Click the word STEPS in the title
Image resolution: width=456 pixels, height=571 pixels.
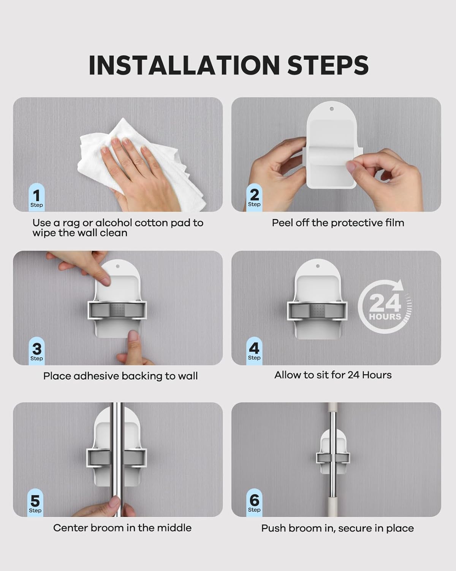pyautogui.click(x=328, y=65)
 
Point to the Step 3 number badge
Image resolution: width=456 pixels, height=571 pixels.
pyautogui.click(x=36, y=351)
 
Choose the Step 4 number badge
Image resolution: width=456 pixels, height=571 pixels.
pyautogui.click(x=254, y=351)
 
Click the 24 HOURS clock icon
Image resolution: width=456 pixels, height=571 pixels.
pyautogui.click(x=385, y=307)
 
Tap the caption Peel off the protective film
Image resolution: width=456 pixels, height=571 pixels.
pyautogui.click(x=338, y=223)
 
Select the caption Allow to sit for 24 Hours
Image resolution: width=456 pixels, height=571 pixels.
pyautogui.click(x=333, y=375)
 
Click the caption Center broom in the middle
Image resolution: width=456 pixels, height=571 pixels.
pyautogui.click(x=122, y=528)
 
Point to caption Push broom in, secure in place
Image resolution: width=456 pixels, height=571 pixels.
pyautogui.click(x=337, y=528)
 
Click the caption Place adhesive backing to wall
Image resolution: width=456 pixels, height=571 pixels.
pyautogui.click(x=120, y=376)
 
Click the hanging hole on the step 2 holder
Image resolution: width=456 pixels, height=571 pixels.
pyautogui.click(x=331, y=109)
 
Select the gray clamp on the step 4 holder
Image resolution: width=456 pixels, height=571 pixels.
pyautogui.click(x=317, y=310)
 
